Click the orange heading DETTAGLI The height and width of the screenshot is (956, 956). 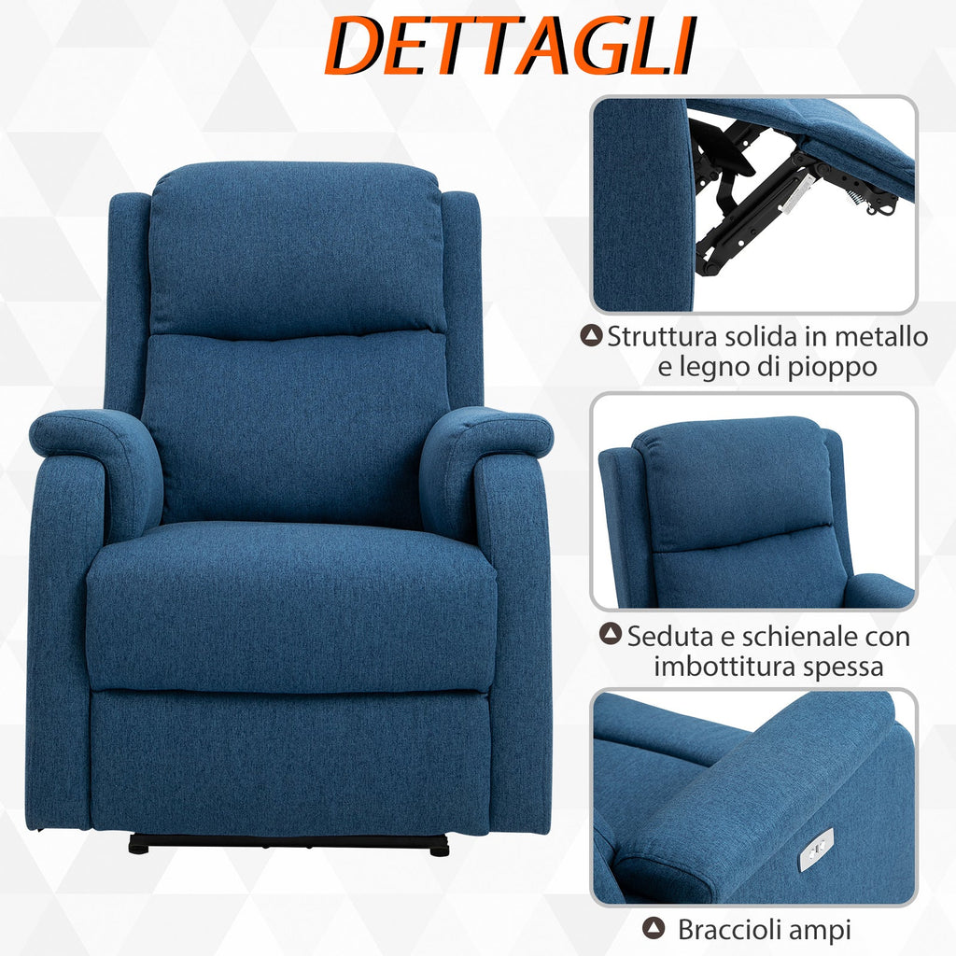(511, 46)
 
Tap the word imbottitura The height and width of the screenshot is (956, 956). (724, 666)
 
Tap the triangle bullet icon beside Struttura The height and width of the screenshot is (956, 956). (591, 335)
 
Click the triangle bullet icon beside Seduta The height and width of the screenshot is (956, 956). (611, 634)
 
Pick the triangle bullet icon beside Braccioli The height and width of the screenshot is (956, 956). (654, 929)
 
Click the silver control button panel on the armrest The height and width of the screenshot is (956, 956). (817, 849)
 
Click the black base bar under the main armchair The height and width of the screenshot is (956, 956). (288, 844)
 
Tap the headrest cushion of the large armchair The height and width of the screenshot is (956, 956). (296, 250)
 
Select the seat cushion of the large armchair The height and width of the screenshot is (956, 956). (291, 607)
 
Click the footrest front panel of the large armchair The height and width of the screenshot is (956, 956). (290, 762)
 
